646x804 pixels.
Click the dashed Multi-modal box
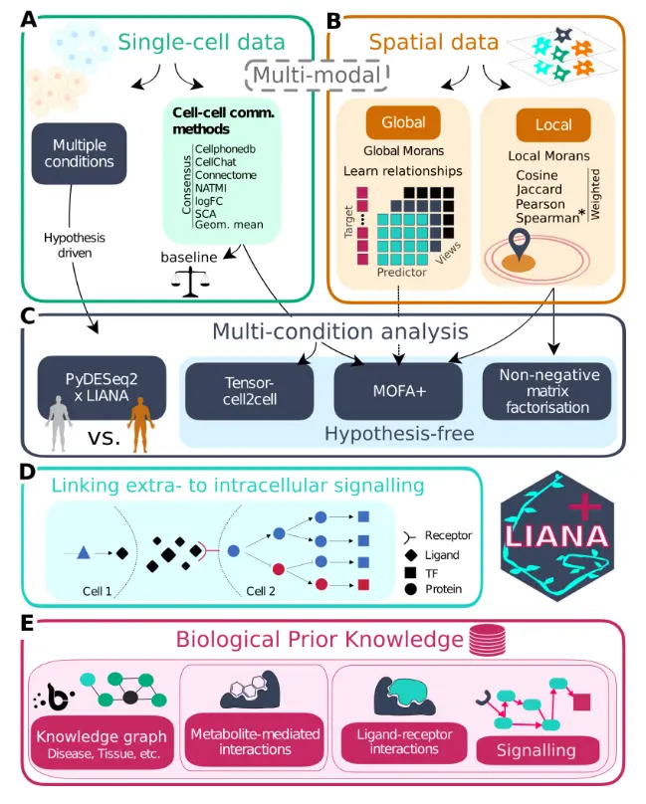[x=317, y=74]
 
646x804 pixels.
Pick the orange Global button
[x=402, y=123]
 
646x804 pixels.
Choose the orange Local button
[x=551, y=124]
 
